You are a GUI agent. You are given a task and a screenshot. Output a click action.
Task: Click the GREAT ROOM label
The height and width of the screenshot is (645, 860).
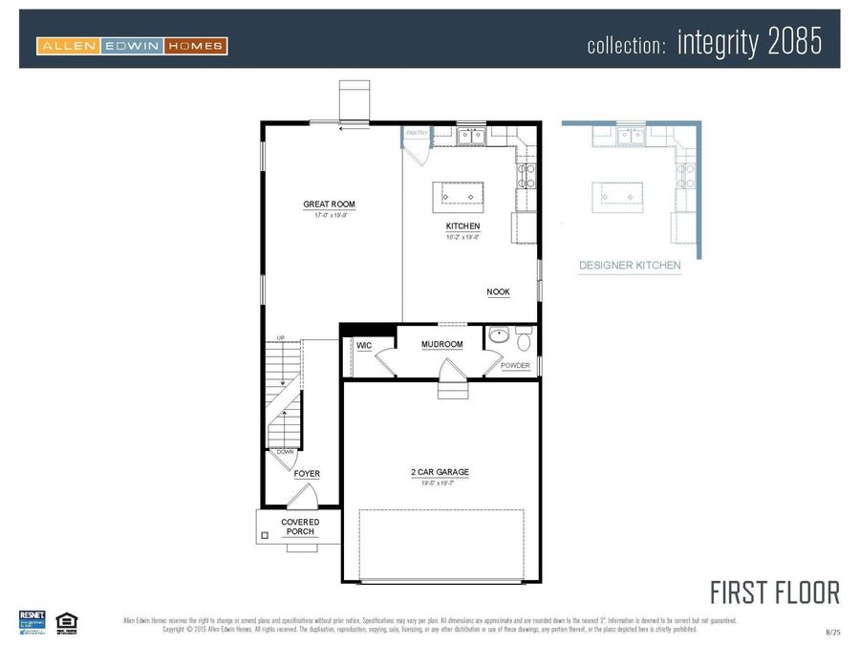click(329, 204)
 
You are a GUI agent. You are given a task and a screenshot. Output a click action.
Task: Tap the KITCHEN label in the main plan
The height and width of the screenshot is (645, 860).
click(462, 226)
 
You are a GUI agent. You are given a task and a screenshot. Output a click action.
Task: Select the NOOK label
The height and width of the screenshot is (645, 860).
click(498, 292)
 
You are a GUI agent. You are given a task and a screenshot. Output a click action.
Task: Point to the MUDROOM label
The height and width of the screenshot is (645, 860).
click(441, 344)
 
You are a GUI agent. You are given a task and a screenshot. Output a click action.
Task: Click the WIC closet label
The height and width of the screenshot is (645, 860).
click(364, 345)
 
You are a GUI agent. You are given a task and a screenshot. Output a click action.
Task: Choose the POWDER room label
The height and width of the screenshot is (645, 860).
click(515, 366)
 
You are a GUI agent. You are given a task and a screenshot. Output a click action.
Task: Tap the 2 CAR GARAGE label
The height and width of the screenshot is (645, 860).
click(440, 472)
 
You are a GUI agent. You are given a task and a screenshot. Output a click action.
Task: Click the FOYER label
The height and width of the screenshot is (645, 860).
click(307, 474)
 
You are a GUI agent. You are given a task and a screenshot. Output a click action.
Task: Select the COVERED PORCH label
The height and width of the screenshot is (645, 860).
click(300, 527)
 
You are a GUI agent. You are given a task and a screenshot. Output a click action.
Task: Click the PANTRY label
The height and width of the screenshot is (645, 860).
click(417, 134)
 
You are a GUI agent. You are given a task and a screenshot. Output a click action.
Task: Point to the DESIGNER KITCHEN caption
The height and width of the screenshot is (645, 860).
click(630, 266)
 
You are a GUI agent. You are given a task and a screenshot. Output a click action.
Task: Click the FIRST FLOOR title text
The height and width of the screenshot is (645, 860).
click(774, 592)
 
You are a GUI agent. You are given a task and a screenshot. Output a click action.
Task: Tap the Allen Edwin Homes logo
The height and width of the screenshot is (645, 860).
click(132, 45)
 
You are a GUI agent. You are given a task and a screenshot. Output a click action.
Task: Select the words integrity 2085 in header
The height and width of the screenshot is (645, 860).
click(749, 43)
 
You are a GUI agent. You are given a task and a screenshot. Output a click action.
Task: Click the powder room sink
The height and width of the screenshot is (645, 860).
click(500, 337)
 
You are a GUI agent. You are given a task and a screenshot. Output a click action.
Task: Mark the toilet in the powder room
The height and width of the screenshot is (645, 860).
click(524, 341)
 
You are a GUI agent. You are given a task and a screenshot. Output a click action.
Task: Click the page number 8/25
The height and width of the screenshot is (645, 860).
click(833, 632)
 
